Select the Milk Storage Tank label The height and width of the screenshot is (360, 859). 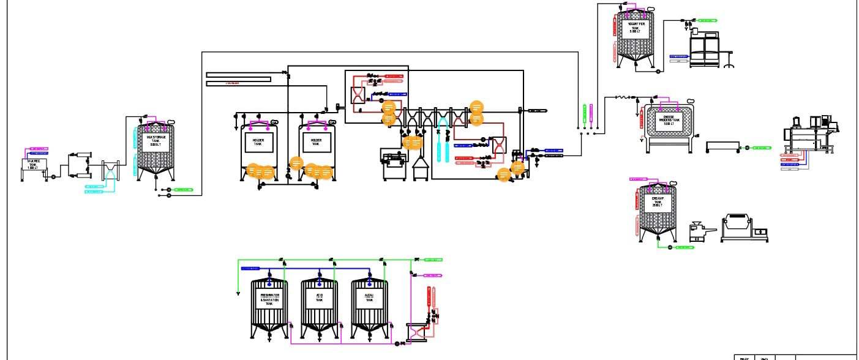(154, 140)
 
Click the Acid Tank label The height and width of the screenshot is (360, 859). (319, 298)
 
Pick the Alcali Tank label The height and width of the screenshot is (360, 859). (369, 298)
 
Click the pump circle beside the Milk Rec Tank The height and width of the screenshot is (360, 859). (53, 177)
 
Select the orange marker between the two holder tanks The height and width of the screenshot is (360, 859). (296, 163)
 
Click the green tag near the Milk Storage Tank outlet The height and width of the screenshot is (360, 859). (183, 190)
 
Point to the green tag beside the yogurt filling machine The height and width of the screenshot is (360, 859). (707, 20)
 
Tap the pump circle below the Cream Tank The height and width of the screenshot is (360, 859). (670, 247)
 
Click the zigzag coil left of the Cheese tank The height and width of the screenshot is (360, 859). (622, 97)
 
